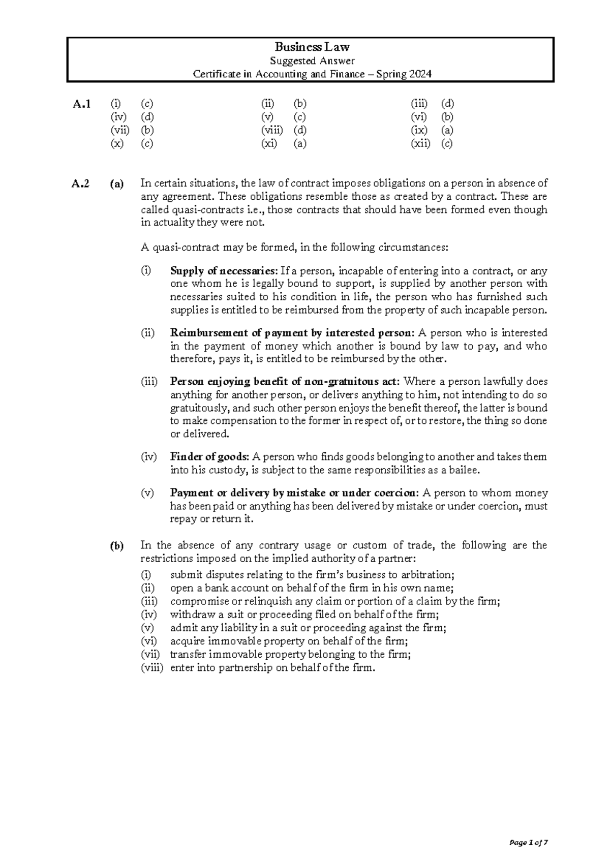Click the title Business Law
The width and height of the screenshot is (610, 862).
pos(312,47)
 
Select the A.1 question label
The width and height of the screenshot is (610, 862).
pos(82,104)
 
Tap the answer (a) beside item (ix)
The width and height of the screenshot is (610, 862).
pos(447,130)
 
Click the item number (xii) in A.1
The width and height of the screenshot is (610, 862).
pos(420,143)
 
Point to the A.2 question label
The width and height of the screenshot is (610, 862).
pos(81,184)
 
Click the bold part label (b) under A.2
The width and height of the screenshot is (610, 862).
pos(116,546)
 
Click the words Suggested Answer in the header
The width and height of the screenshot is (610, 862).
pos(312,61)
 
